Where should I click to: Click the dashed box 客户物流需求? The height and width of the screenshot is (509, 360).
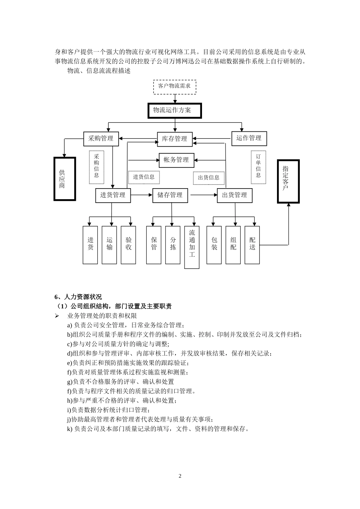coord(174,86)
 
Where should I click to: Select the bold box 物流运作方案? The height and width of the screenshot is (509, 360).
coord(174,111)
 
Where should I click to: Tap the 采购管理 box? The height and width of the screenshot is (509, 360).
coord(101,139)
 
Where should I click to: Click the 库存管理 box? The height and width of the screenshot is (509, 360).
coord(175,139)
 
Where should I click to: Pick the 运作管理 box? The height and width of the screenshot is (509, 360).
coord(249,138)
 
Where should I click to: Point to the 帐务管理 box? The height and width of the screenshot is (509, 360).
coord(176,160)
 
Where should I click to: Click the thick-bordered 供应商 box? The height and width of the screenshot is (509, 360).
coord(62,178)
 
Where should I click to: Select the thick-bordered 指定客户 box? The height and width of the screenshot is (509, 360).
coord(288,181)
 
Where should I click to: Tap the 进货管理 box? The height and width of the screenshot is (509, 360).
coord(113,195)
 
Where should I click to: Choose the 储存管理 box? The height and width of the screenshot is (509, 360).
coord(170,195)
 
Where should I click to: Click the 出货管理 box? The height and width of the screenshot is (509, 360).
coord(235,195)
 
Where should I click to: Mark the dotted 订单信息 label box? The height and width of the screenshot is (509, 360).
coord(258,167)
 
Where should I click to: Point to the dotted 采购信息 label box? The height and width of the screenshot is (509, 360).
coord(96,167)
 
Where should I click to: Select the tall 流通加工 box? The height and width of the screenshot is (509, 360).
coord(192,247)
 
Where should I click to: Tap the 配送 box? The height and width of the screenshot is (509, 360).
coord(252,245)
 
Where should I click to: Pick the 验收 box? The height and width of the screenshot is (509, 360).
coord(128,245)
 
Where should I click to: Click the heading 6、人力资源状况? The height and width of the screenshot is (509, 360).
coord(78,297)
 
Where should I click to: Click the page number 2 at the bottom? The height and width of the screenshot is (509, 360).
coord(180,476)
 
